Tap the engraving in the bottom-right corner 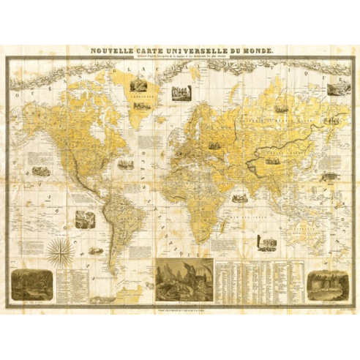pos(326,283)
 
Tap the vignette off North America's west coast pos(40,170)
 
